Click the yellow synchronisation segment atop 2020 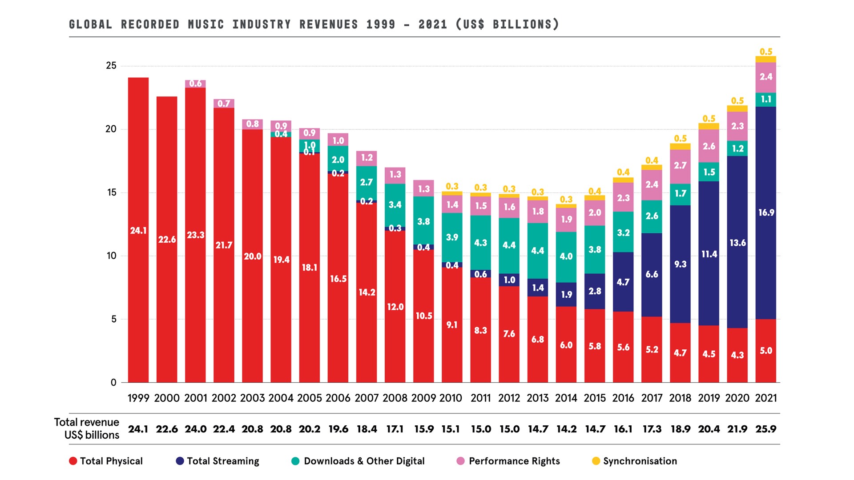pyautogui.click(x=737, y=108)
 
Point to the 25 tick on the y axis pyautogui.click(x=111, y=66)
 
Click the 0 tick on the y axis pyautogui.click(x=113, y=382)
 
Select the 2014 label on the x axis pyautogui.click(x=566, y=398)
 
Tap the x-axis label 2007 pyautogui.click(x=367, y=398)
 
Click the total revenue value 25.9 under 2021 pyautogui.click(x=765, y=429)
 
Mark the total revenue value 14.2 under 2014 pyautogui.click(x=566, y=429)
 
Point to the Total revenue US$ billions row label pyautogui.click(x=87, y=428)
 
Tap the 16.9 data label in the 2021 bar pyautogui.click(x=766, y=212)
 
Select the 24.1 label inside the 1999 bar pyautogui.click(x=138, y=231)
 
